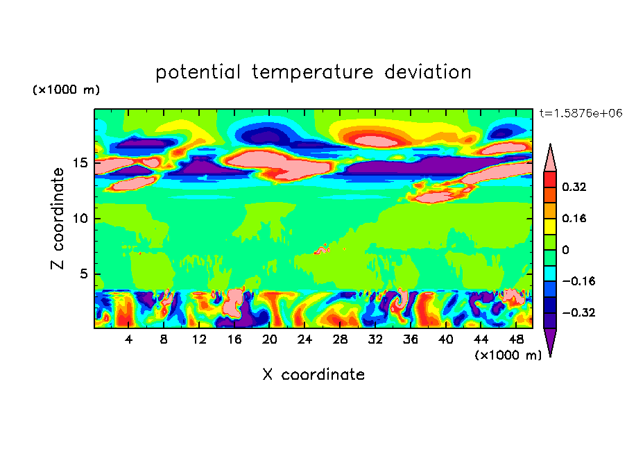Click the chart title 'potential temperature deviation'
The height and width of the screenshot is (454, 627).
[313, 72]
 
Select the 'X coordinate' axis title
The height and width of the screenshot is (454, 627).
[313, 375]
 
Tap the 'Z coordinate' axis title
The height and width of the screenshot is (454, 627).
[58, 219]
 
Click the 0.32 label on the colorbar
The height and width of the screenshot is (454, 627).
[576, 187]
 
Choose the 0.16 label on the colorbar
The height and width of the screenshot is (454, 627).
[576, 218]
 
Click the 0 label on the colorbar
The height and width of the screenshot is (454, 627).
[565, 250]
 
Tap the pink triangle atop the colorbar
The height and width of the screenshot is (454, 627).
[550, 158]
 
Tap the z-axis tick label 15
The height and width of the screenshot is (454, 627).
[80, 163]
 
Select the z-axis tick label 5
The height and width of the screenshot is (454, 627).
[84, 274]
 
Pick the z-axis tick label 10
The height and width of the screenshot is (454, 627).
[80, 219]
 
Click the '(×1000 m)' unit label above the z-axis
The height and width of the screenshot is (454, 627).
[66, 90]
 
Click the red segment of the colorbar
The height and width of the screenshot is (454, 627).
[550, 179]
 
